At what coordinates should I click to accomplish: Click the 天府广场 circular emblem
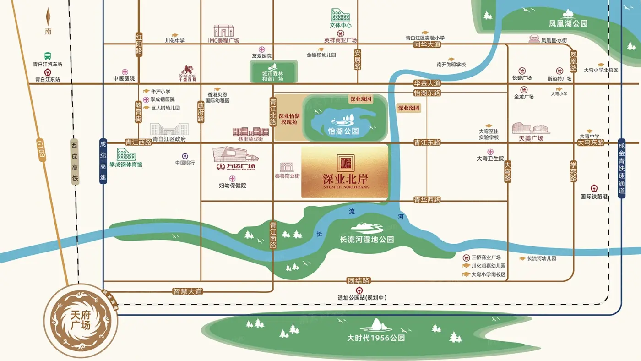(x=81, y=320)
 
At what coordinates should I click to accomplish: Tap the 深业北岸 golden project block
(x=345, y=171)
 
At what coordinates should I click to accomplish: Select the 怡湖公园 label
(x=343, y=131)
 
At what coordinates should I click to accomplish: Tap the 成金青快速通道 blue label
(x=621, y=168)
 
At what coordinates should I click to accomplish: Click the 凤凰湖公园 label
(x=568, y=23)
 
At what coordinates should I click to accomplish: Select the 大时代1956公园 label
(x=376, y=339)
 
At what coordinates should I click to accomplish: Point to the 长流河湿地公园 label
(x=367, y=239)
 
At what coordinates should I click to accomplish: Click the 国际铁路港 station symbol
(x=594, y=188)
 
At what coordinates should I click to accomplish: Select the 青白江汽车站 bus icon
(x=47, y=55)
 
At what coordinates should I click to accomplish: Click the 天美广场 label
(x=531, y=138)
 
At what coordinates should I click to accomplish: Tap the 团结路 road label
(x=359, y=280)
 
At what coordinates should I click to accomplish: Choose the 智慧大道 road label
(x=188, y=291)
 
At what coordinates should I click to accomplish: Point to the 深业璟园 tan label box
(x=408, y=108)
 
